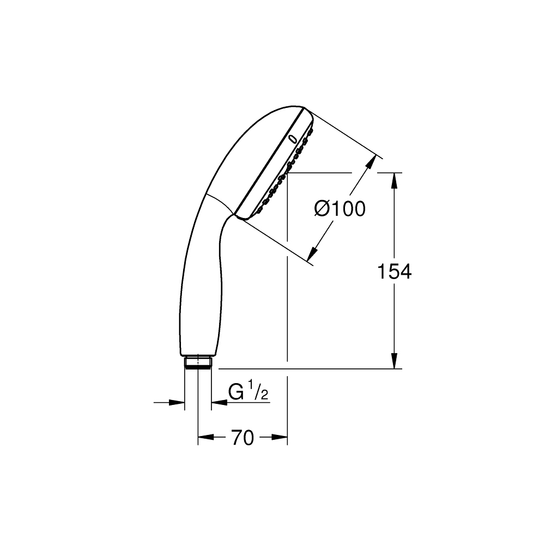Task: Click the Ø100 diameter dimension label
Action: click(340, 209)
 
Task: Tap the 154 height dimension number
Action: click(394, 271)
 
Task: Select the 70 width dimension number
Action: click(243, 438)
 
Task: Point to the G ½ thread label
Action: click(248, 392)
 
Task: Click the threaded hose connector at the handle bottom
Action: click(198, 362)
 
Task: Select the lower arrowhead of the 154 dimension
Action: click(394, 360)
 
